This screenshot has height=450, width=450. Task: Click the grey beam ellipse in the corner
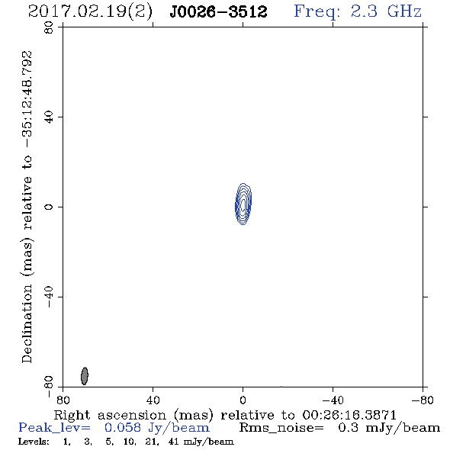click(x=85, y=376)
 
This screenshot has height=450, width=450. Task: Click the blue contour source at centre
click(x=243, y=204)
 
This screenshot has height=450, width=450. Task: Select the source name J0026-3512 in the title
click(x=218, y=11)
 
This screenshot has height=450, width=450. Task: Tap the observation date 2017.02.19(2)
click(x=90, y=11)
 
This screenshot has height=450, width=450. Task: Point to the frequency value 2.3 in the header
click(x=364, y=11)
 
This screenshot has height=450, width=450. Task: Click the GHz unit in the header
click(x=404, y=11)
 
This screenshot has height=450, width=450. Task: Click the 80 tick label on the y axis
click(x=49, y=27)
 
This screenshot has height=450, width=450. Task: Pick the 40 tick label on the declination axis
click(x=49, y=117)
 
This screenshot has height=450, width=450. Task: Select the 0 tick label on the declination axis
click(x=49, y=207)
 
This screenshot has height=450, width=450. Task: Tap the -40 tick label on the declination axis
click(x=49, y=297)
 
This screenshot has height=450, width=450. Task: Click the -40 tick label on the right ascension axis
click(x=333, y=400)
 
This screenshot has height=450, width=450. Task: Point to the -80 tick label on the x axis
click(x=423, y=400)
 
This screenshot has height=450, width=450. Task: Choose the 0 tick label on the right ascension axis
click(x=243, y=400)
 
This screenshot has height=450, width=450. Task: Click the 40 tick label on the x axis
click(x=153, y=400)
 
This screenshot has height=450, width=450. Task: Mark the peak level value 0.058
click(x=123, y=428)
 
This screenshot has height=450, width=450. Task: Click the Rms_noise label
click(x=281, y=428)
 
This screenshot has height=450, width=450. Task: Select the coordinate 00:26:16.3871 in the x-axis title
click(x=349, y=415)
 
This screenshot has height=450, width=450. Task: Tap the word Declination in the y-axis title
click(x=27, y=323)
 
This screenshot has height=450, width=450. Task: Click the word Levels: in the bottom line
click(x=34, y=442)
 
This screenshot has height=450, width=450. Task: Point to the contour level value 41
click(x=174, y=442)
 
